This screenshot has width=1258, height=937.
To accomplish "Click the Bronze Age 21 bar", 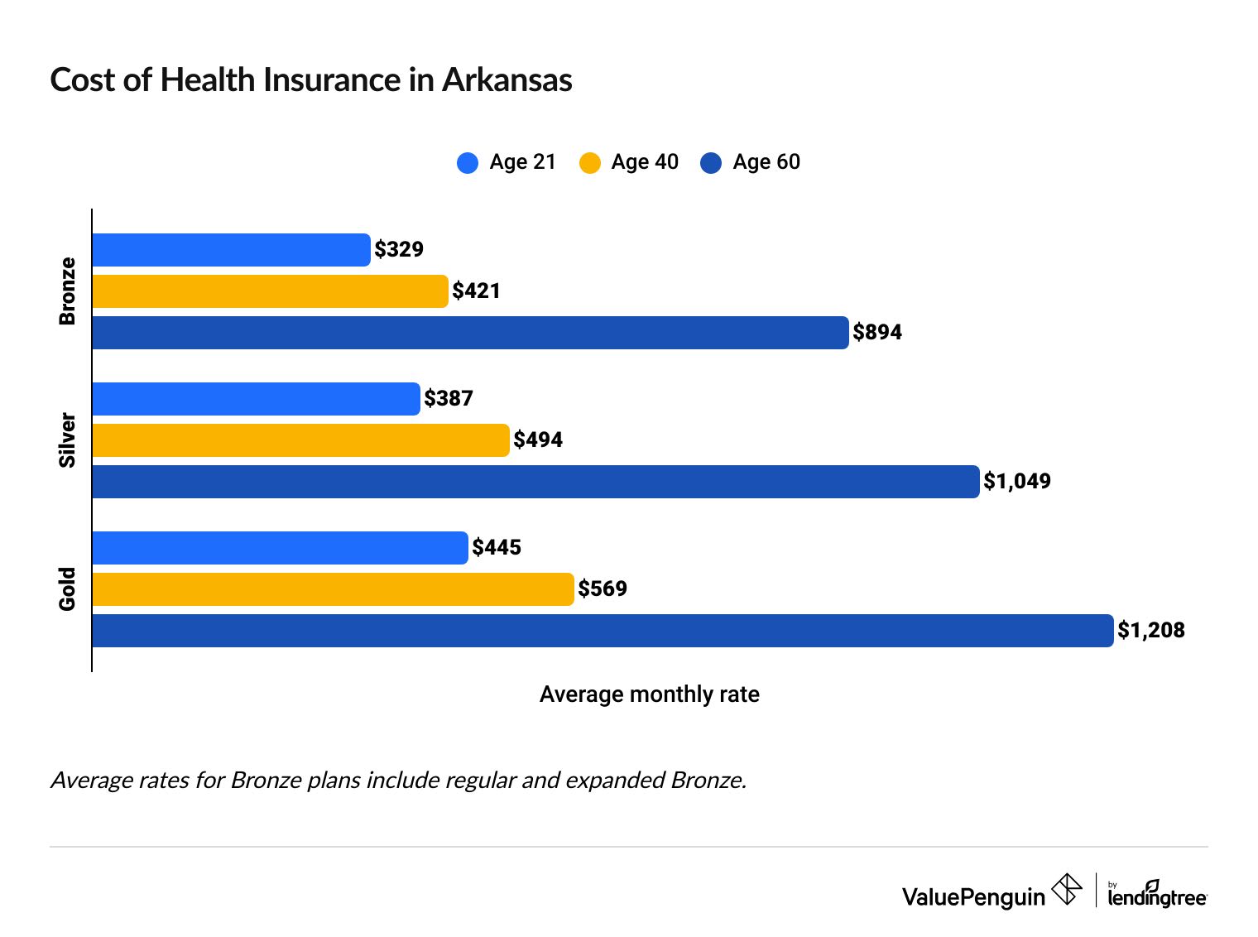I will pos(231,250).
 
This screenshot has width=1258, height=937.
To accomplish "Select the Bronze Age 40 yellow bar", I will pos(270,291).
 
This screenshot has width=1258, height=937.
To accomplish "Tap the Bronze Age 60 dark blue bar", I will pos(470,333).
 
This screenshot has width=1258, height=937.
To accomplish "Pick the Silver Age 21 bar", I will pos(256,399).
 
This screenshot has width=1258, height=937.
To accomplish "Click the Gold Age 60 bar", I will pos(603,631).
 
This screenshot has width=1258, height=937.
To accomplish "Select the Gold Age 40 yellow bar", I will pos(333,589).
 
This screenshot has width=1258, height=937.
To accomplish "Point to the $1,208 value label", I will pos(1151,631).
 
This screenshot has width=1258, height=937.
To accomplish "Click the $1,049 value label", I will pos(1017,482).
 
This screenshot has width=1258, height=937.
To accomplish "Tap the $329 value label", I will pos(399,250).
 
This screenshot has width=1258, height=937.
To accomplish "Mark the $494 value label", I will pos(538,440).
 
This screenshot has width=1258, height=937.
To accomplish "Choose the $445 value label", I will pos(497,548).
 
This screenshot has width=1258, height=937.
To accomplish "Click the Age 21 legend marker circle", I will pos(468,163).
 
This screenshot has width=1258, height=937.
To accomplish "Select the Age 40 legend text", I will pos(645,162).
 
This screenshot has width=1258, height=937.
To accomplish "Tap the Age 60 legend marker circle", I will pos(711,163).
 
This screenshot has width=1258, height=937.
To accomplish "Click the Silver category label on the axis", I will pos(68,440).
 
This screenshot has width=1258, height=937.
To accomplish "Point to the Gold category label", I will pos(68,589).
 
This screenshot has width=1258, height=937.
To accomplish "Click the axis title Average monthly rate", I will pos(649,694).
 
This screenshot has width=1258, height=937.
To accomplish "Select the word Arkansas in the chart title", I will pos(507,80).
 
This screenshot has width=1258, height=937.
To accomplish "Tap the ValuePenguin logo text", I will pos(973,897).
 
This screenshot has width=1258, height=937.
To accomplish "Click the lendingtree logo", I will pos(1157,895).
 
